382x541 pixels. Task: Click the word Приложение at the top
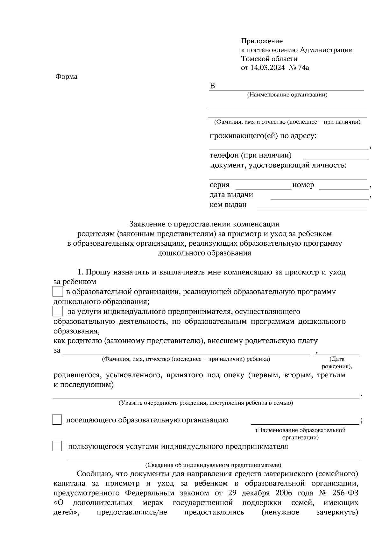[x=262, y=41]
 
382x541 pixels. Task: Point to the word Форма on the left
[x=66, y=77]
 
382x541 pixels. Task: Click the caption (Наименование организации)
[x=287, y=95]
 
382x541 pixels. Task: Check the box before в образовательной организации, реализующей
[x=57, y=292]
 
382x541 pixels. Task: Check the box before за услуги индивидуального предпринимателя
[x=57, y=311]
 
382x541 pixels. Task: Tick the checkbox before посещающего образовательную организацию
[x=57, y=420]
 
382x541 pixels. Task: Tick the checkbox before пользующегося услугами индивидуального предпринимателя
[x=57, y=446]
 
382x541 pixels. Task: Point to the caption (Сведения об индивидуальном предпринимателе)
[x=213, y=465]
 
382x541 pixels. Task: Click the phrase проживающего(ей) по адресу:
[x=263, y=136]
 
